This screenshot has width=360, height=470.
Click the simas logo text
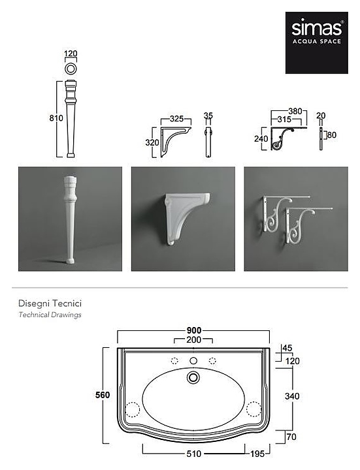pyautogui.click(x=316, y=29)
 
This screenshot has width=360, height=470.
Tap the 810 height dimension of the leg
pyautogui.click(x=56, y=118)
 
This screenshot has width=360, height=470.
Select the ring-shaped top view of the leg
pyautogui.click(x=71, y=69)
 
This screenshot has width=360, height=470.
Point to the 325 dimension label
pyautogui.click(x=176, y=119)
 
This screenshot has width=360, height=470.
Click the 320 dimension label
pyautogui.click(x=152, y=143)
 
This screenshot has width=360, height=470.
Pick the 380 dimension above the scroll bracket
pyautogui.click(x=295, y=111)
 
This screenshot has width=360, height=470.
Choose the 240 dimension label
pyautogui.click(x=261, y=139)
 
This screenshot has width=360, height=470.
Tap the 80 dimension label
pyautogui.click(x=331, y=135)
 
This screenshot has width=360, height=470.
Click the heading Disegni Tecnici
pyautogui.click(x=50, y=304)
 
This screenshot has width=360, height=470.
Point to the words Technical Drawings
pyautogui.click(x=50, y=315)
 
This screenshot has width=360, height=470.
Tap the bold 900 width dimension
pyautogui.click(x=194, y=330)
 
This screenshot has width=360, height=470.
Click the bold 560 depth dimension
pyautogui.click(x=103, y=395)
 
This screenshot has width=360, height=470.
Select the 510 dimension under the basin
pyautogui.click(x=194, y=454)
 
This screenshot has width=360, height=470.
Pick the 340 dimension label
pyautogui.click(x=292, y=396)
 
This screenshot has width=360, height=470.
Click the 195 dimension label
pyautogui.click(x=257, y=454)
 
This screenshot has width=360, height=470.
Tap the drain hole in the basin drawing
pyautogui.click(x=193, y=377)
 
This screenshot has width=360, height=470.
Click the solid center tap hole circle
pyautogui.click(x=193, y=360)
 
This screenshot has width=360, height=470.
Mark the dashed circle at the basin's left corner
pyautogui.click(x=132, y=409)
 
